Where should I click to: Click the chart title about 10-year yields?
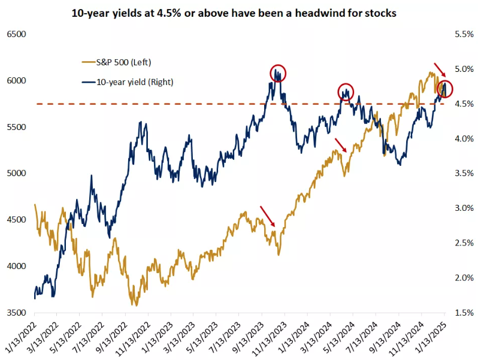click(x=240, y=13)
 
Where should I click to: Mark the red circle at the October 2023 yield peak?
click(x=278, y=73)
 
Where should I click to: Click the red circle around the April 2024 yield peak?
click(x=346, y=92)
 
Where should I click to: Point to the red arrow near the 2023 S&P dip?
click(x=268, y=216)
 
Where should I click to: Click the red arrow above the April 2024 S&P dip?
click(x=340, y=144)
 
